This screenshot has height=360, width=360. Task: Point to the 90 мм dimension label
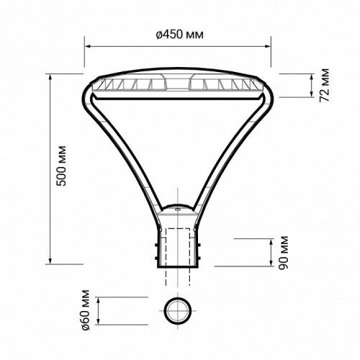(284, 251)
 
